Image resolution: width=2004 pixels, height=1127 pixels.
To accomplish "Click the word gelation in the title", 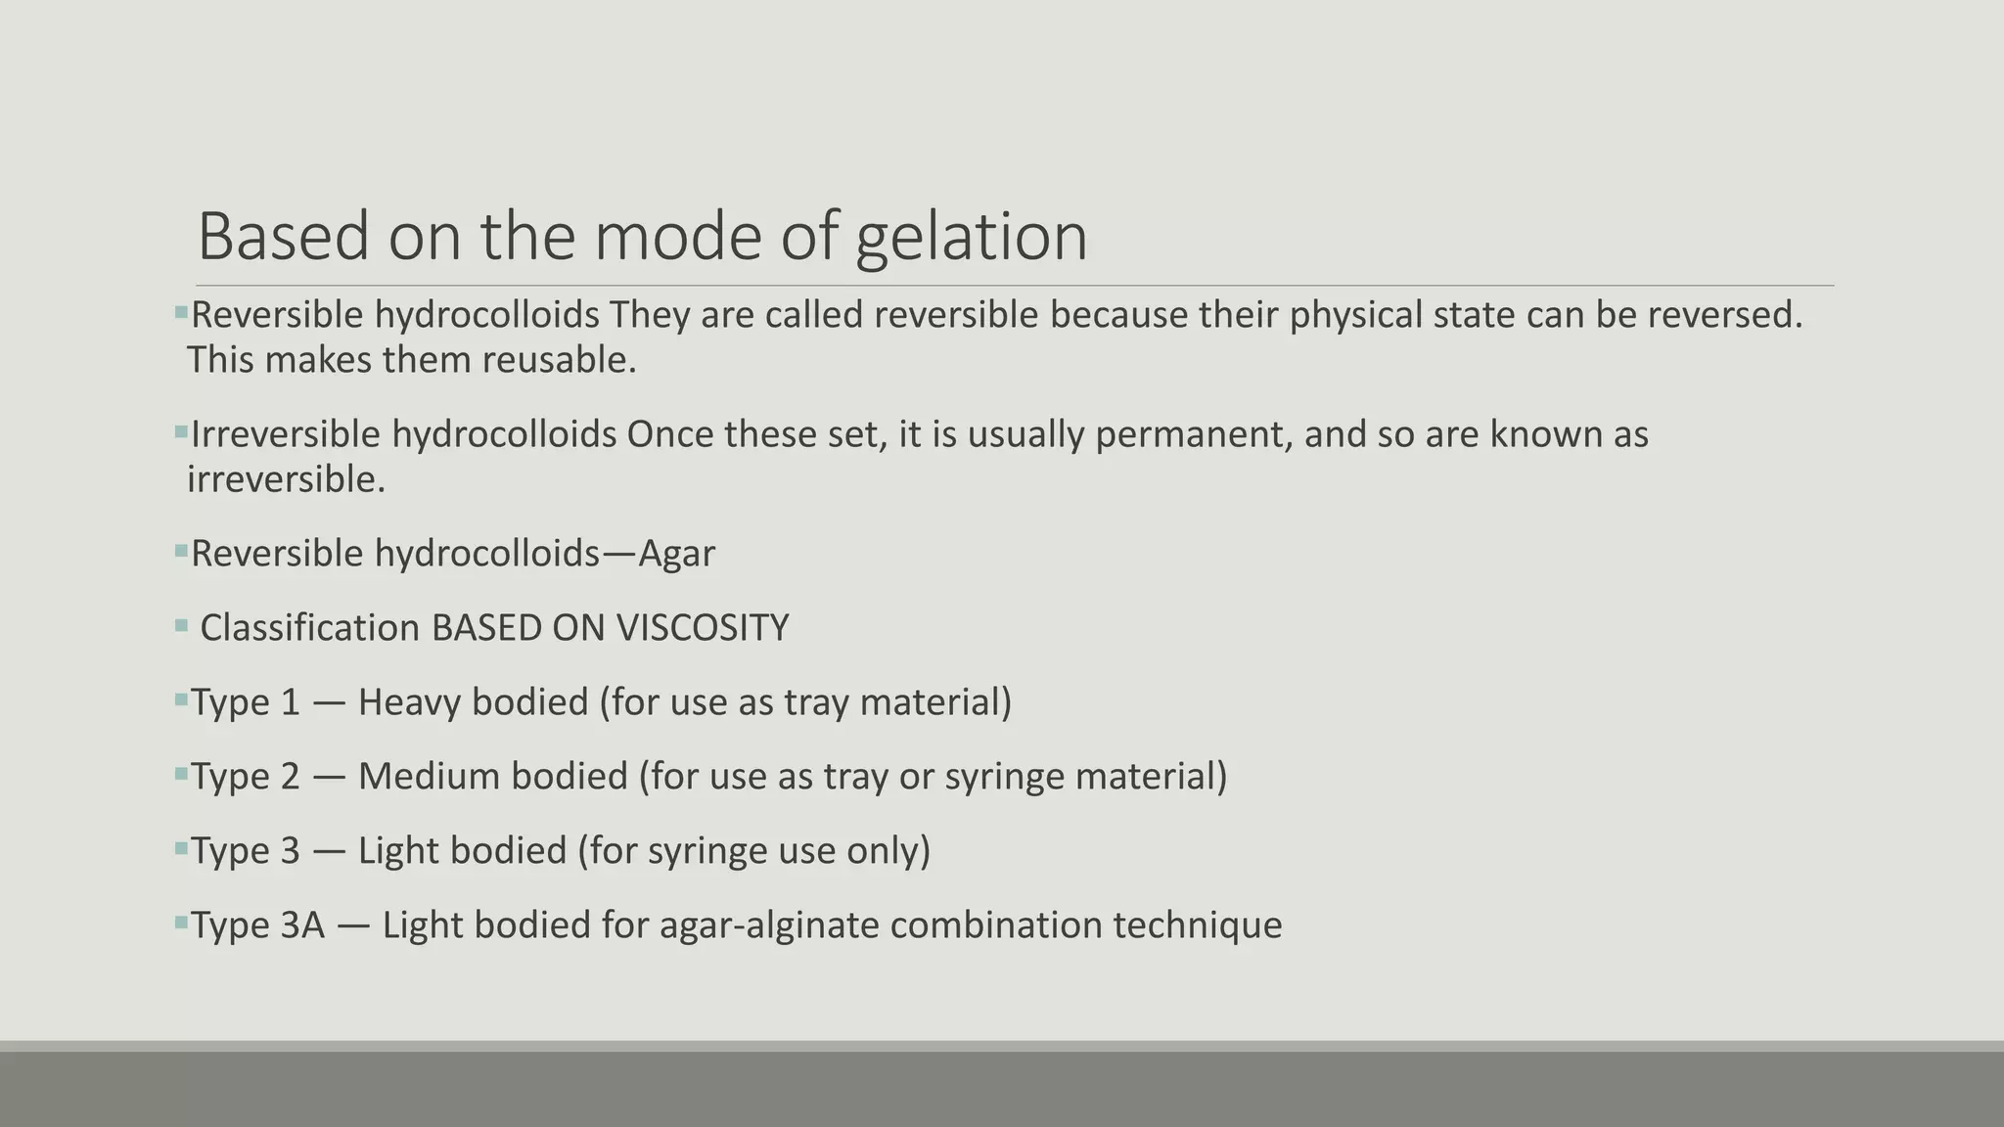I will (971, 238).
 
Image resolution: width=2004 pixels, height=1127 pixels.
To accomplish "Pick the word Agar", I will (676, 554).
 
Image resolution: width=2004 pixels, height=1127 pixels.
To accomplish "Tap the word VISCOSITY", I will (703, 628).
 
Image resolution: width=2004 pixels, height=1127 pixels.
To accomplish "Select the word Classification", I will (309, 628).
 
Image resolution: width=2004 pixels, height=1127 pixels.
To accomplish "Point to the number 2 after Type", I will (290, 777).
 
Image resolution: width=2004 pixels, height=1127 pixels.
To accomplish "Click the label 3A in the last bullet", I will (301, 925).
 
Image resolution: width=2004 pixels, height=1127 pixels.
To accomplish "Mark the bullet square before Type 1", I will (181, 699).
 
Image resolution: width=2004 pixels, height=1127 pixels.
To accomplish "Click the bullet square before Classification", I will (181, 625).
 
